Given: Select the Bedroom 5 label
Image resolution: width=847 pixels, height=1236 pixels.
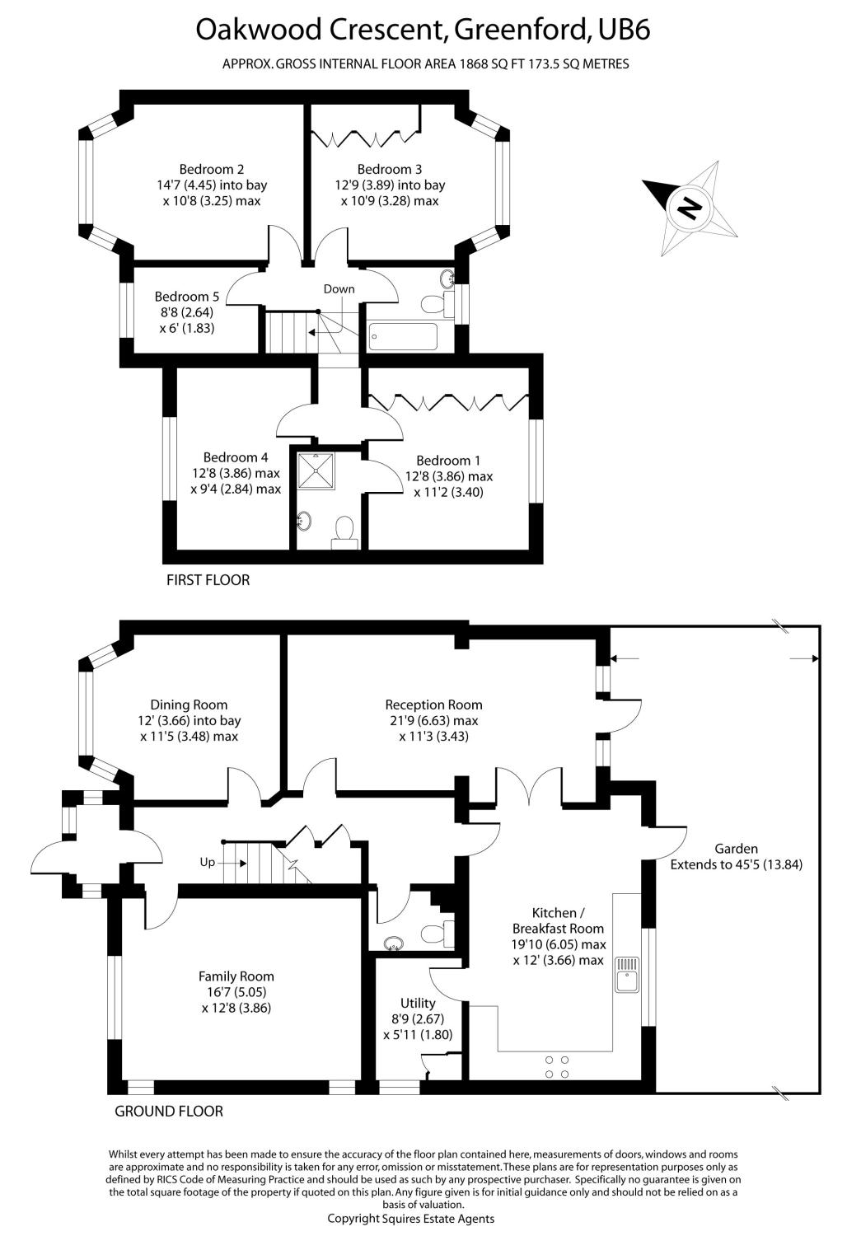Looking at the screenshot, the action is point(187,297).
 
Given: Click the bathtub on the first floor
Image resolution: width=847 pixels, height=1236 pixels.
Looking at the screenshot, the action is point(403,335).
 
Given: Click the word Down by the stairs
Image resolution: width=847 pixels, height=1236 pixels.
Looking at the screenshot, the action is point(339,289).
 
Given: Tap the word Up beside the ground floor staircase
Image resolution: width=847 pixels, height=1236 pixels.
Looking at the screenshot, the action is point(207,862).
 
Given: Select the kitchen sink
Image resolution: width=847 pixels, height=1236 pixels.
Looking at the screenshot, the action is point(627,975).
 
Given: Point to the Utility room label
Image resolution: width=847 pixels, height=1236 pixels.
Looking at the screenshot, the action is point(418,1003).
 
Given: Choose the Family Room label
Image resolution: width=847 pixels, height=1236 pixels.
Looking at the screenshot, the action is point(236,976).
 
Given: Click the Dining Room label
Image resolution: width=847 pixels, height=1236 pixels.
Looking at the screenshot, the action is point(189,705).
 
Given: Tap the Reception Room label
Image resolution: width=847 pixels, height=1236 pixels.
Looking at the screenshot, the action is point(433,705).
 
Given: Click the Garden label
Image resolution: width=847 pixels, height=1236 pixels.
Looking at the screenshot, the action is point(736,849).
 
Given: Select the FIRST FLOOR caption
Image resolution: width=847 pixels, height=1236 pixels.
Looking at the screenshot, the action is point(208,580).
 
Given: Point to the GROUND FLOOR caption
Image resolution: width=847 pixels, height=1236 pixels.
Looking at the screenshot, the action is point(169,1111).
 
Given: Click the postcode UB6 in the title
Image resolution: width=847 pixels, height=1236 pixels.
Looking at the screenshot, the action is point(624,30).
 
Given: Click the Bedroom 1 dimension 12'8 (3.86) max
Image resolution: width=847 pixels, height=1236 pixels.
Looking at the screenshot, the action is point(448,476).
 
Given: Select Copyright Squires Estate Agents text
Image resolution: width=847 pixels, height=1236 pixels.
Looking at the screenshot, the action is point(411,1218).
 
